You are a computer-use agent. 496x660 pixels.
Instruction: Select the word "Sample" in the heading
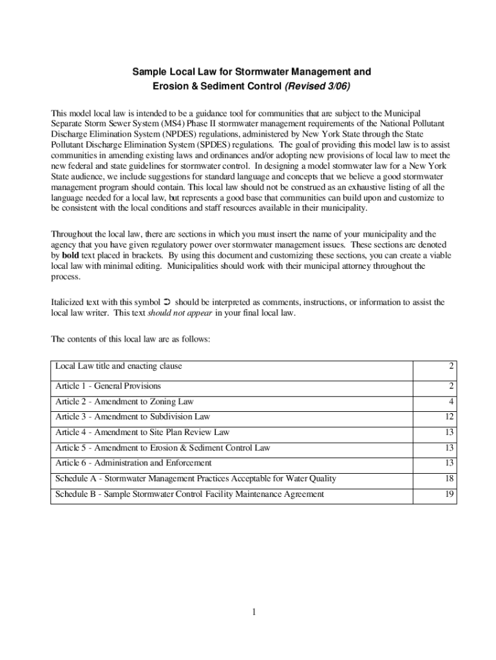150,70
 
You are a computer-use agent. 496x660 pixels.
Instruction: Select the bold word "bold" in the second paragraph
70,255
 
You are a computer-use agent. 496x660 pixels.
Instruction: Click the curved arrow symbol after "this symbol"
167,302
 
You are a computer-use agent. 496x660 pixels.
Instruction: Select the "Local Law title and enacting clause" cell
119,366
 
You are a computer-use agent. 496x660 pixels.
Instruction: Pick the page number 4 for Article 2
452,402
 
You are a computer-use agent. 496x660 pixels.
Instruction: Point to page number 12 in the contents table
450,417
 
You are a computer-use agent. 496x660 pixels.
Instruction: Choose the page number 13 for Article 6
450,463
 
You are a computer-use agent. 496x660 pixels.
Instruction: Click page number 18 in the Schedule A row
450,479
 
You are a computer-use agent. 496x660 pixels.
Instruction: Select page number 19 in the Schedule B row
450,494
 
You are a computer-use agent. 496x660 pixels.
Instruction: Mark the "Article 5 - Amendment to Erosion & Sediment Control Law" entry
163,448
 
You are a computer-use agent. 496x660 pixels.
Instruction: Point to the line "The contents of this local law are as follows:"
130,339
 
